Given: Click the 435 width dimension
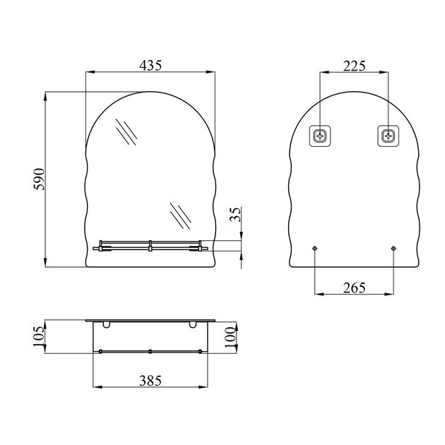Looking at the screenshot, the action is point(150,66).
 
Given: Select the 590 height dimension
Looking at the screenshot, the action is point(39,179).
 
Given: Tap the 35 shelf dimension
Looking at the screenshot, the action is point(235,214).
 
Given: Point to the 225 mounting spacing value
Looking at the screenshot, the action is point(354,66).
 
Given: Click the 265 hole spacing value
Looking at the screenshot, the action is point(354,287).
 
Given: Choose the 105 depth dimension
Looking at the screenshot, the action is point(39,336).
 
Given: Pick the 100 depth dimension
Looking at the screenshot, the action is point(230,337).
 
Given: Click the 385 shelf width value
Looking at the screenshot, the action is point(150,380).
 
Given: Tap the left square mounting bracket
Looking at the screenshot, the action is point(320,136).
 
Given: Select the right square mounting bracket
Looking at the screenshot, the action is point(388,136).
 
